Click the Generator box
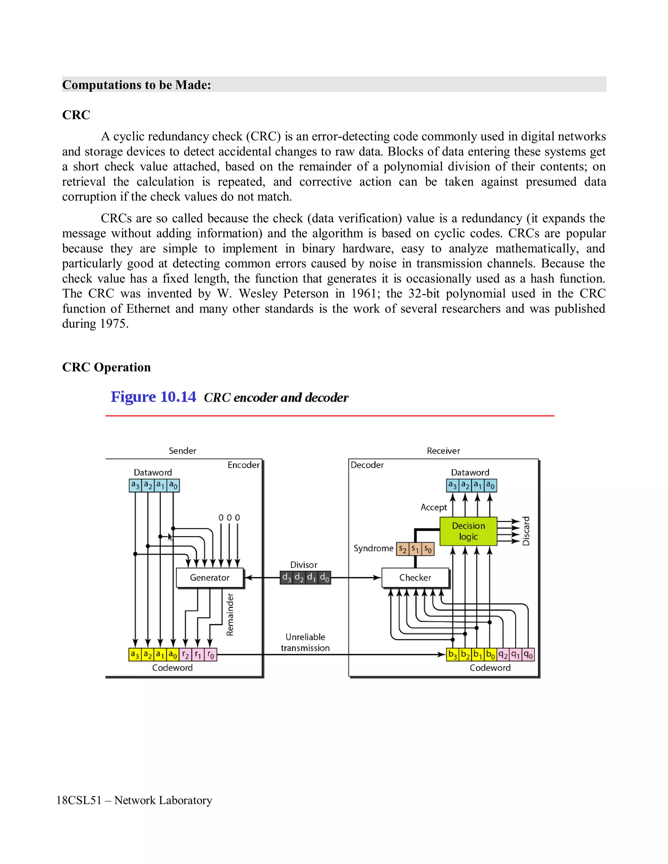[209, 578]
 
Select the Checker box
[415, 578]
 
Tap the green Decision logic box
[468, 531]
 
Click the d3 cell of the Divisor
[286, 578]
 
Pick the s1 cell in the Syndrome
[415, 549]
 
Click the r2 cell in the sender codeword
[185, 655]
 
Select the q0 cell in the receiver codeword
[528, 655]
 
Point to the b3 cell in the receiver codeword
[452, 655]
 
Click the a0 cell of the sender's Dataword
[173, 485]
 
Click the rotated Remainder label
[230, 614]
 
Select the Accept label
[434, 507]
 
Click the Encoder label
[243, 465]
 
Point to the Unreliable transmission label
[305, 643]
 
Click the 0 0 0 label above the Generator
[229, 518]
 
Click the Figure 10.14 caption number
[153, 397]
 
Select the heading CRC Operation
[106, 367]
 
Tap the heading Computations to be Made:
[137, 85]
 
